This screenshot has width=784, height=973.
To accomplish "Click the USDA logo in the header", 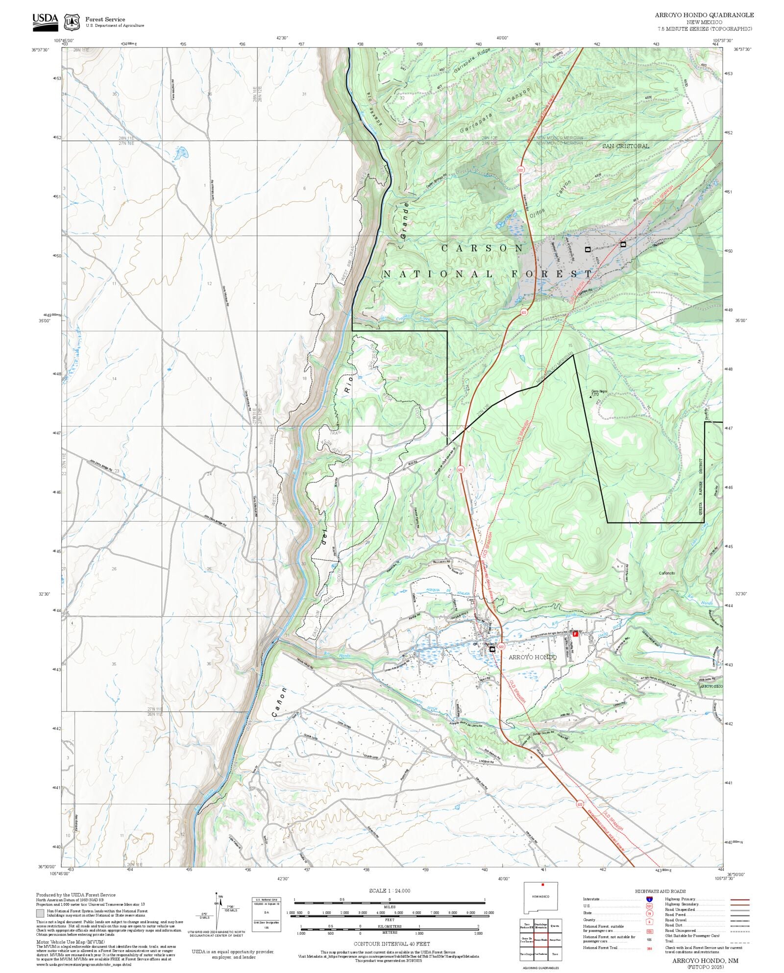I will [x=45, y=22].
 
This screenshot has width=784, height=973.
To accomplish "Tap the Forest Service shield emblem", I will [x=72, y=22].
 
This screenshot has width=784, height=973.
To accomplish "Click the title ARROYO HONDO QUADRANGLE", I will [x=704, y=15].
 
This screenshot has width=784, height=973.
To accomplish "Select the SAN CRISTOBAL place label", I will [x=625, y=146].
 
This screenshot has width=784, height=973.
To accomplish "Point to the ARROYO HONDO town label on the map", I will [x=532, y=657].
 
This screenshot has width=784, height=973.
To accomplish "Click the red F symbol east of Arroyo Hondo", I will [x=576, y=633].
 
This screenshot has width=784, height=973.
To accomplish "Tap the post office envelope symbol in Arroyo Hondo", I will [x=492, y=649].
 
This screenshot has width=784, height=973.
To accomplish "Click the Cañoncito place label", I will [x=666, y=573].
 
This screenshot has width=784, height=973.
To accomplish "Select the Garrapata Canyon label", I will [x=495, y=111].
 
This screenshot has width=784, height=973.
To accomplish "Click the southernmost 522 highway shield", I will [x=580, y=804].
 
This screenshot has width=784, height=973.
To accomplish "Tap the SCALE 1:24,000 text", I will [x=390, y=891].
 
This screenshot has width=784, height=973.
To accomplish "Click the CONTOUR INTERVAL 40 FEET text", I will [x=392, y=943].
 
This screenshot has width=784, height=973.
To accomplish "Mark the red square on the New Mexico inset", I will [x=542, y=885].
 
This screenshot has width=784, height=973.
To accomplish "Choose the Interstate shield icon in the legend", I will [x=649, y=900].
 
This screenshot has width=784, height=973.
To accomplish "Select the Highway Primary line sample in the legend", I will [x=739, y=900].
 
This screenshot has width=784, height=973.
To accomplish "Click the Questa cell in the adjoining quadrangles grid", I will [x=555, y=926].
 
